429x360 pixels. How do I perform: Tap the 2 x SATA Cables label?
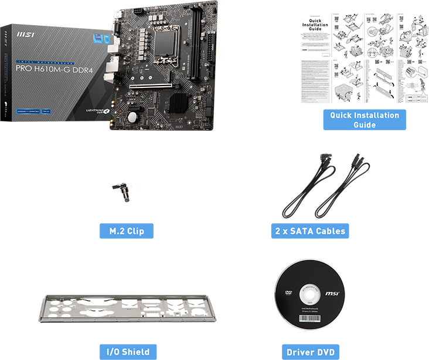click(x=311, y=230)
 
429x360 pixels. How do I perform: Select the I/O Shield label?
click(x=127, y=352)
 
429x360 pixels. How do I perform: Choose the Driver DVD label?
click(x=310, y=352)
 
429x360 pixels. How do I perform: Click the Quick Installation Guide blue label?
click(x=364, y=120)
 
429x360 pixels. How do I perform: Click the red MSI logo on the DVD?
click(x=332, y=291)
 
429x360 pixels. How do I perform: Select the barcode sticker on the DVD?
click(x=309, y=319)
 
